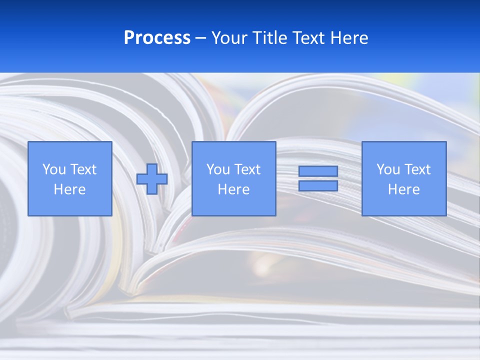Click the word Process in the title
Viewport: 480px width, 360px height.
click(157, 38)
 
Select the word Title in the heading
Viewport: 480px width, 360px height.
click(269, 38)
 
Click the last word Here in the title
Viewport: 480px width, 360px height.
click(348, 38)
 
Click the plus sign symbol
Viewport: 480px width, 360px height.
click(152, 178)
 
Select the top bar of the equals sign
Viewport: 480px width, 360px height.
click(318, 171)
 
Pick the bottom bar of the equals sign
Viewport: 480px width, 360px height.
click(318, 185)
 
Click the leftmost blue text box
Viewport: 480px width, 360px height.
click(70, 178)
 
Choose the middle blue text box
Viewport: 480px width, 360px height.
click(233, 178)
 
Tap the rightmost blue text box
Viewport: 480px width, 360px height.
click(404, 178)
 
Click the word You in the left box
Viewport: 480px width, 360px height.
click(54, 169)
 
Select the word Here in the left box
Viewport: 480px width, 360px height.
click(70, 189)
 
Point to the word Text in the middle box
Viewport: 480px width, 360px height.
click(247, 169)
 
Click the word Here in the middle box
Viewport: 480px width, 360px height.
click(234, 189)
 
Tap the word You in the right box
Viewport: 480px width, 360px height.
click(388, 169)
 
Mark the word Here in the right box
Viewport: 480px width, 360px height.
click(404, 189)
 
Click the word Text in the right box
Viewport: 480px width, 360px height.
click(417, 169)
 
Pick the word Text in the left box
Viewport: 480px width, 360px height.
click(83, 169)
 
